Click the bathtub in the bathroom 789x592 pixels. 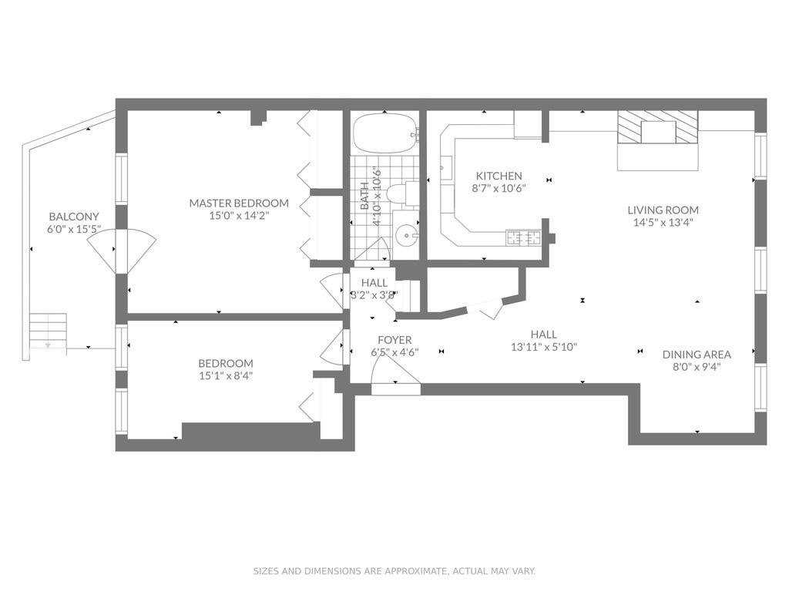(x=385, y=133)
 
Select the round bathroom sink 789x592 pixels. (x=406, y=236)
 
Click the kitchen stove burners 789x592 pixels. (x=523, y=237)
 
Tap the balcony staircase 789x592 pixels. (x=48, y=331)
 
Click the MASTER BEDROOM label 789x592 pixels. (x=239, y=203)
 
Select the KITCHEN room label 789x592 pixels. (x=499, y=177)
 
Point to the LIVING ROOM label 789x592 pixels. (x=663, y=210)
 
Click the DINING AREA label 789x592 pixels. (x=697, y=355)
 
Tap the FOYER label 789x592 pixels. (x=394, y=340)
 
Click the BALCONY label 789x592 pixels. (x=74, y=217)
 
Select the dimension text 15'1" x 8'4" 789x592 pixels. (x=226, y=375)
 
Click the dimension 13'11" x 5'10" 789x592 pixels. (x=544, y=347)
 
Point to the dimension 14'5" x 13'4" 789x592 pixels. (x=663, y=223)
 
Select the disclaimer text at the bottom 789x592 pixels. (x=394, y=571)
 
